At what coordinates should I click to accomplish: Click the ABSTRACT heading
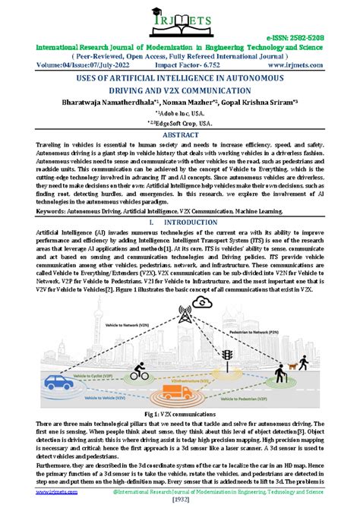[180, 133]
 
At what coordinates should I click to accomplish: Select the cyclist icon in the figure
[138, 371]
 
